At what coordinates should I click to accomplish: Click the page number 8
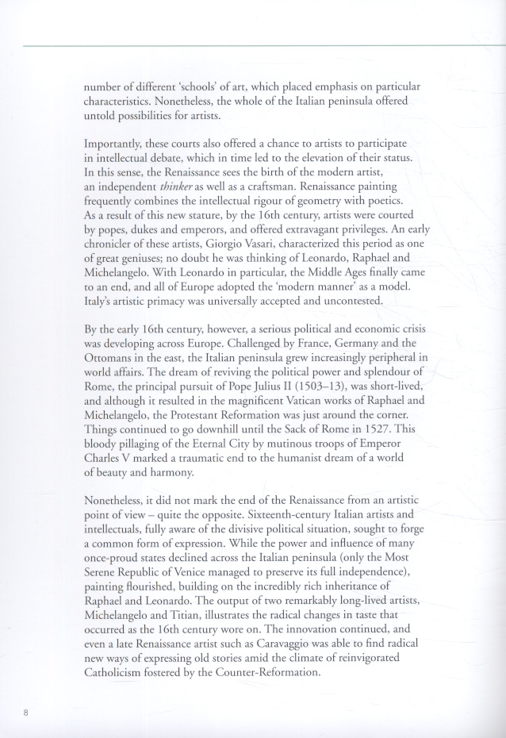point(26,713)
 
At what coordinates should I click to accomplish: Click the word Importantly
point(117,142)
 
